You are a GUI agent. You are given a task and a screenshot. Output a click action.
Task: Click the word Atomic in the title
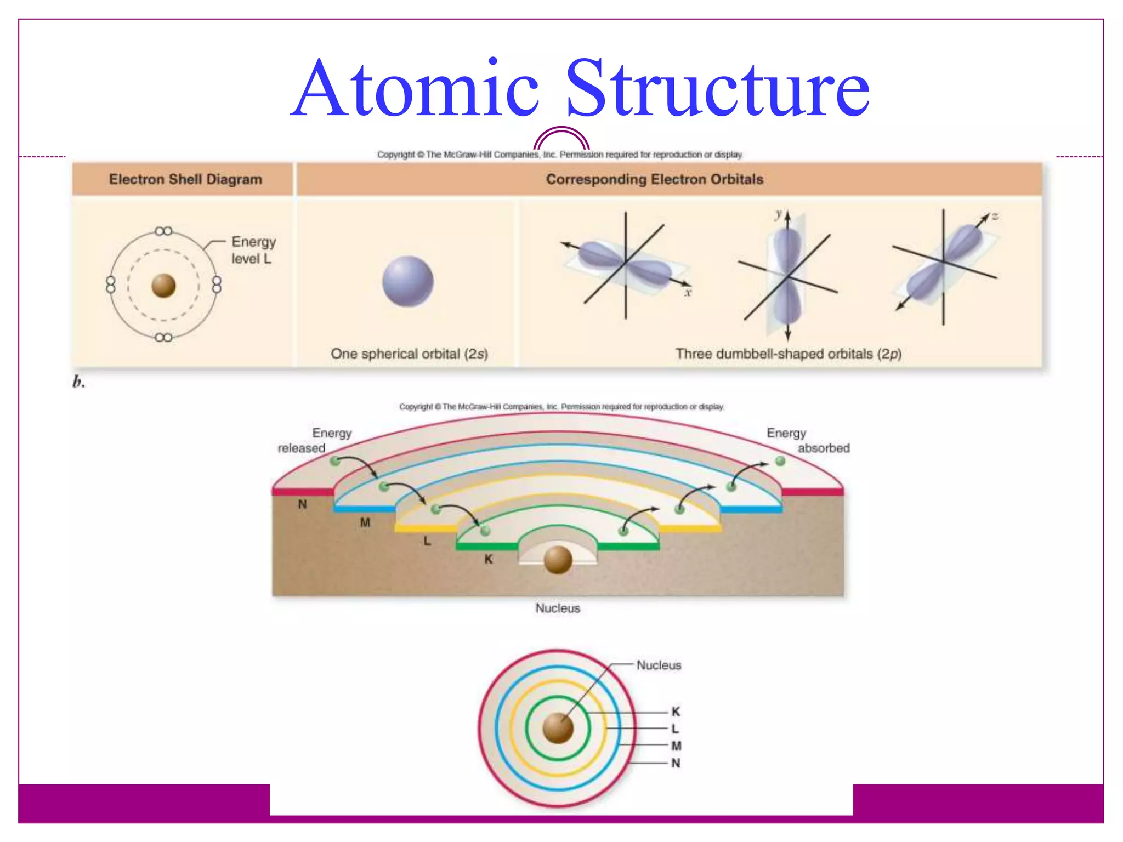point(415,89)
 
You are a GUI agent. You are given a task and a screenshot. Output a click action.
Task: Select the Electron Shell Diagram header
point(185,179)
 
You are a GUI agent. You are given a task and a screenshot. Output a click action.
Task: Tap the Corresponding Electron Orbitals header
point(654,179)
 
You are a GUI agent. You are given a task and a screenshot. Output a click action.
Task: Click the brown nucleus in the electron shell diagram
point(163,286)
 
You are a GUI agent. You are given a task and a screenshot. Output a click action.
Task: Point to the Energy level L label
point(253,250)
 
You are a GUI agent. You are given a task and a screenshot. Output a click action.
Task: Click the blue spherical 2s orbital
point(408,281)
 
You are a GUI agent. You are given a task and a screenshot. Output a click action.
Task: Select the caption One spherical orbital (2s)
point(409,354)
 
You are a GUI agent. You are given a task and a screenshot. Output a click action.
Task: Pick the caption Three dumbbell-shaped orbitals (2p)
point(788,354)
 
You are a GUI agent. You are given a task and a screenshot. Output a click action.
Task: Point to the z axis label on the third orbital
point(995,216)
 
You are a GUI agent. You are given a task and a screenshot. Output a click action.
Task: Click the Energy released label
point(315,441)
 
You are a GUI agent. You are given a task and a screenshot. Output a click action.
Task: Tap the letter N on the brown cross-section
point(302,504)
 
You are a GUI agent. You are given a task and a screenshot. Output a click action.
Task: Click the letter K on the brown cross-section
point(488,559)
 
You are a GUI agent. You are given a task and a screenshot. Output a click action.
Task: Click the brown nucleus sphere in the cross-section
point(558,560)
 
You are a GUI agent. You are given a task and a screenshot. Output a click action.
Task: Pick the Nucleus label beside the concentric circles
point(659,665)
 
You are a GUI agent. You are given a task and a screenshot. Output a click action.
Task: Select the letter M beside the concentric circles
point(676,746)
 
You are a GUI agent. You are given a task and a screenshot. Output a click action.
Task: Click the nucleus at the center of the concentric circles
point(558,728)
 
